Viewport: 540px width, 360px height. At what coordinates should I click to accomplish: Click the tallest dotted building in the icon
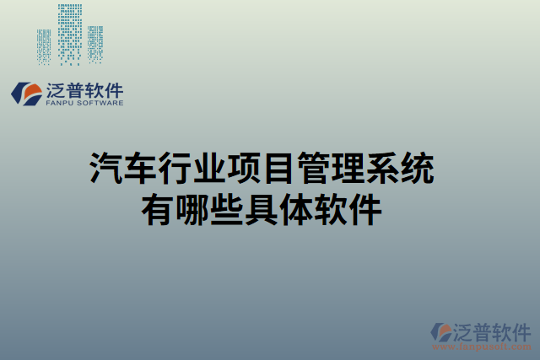(x=71, y=34)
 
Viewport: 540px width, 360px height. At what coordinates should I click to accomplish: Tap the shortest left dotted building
(x=44, y=46)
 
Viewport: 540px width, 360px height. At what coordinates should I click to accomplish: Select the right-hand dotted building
(x=95, y=45)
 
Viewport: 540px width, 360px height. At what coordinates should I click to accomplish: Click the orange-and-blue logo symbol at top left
(x=26, y=94)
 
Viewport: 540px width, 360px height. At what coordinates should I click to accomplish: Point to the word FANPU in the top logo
(x=60, y=104)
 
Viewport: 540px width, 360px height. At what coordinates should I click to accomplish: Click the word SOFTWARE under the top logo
(x=101, y=104)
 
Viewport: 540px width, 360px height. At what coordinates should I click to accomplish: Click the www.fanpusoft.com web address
(x=482, y=347)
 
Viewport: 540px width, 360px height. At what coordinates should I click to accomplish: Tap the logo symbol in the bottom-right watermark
(x=442, y=332)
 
